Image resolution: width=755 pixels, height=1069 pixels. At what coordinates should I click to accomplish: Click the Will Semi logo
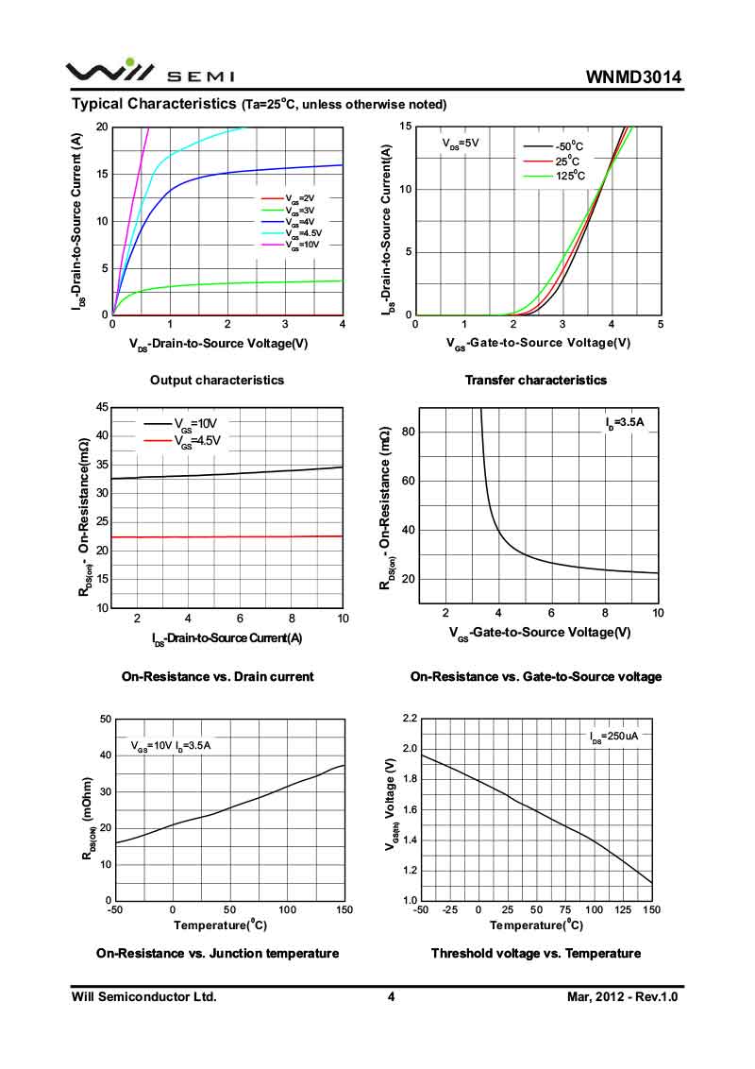(x=150, y=73)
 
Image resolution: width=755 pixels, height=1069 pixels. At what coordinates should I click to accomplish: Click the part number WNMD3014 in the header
(x=633, y=76)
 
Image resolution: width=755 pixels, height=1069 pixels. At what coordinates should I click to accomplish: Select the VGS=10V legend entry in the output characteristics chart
(x=304, y=245)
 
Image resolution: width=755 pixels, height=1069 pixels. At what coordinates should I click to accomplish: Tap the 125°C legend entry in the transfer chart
(x=569, y=176)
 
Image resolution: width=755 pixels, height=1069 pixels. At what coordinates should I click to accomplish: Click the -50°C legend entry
(x=569, y=146)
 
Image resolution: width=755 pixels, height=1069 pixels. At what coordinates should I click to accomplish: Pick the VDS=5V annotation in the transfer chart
(x=461, y=144)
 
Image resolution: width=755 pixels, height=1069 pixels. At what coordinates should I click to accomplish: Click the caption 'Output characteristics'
(x=217, y=380)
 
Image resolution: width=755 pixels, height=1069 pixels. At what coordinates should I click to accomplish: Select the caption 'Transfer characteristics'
(x=536, y=380)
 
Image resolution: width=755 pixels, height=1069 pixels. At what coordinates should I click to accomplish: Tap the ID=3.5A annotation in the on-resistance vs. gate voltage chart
(x=625, y=422)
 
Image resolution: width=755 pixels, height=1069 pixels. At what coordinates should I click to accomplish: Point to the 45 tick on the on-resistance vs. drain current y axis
(x=102, y=407)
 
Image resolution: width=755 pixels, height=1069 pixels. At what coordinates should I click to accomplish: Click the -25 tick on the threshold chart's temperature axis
(x=450, y=909)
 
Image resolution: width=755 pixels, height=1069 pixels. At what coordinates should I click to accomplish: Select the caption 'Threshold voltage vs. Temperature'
(x=536, y=953)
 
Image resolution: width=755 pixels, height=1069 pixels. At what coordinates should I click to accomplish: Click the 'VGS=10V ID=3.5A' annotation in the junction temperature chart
(x=171, y=746)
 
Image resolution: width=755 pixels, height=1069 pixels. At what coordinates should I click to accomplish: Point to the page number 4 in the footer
(x=391, y=996)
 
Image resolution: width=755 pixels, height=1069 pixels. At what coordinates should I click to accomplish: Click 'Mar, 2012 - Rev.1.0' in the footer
(x=623, y=996)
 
